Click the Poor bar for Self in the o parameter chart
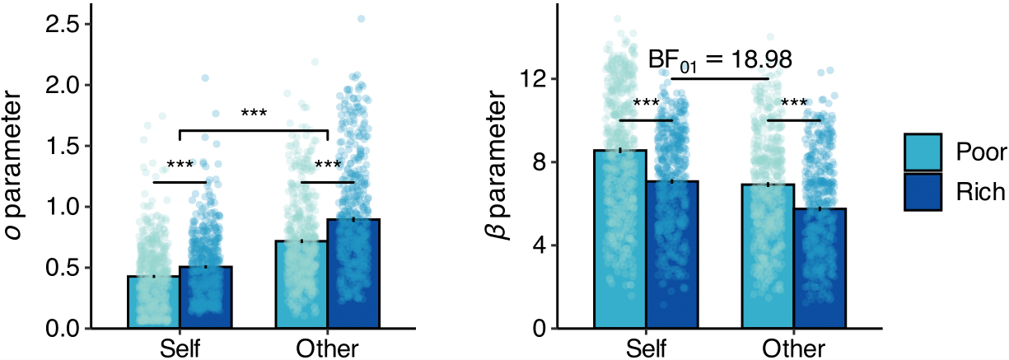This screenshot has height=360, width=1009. [x=153, y=302]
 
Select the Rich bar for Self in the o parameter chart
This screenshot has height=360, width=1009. [x=206, y=297]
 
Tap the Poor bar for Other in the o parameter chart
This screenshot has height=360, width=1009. [x=301, y=284]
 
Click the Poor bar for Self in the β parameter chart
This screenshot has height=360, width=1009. [x=620, y=239]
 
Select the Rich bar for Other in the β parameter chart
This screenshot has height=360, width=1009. [x=820, y=269]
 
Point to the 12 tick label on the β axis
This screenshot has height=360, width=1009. [x=535, y=79]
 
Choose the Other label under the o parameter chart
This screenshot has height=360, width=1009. [x=327, y=348]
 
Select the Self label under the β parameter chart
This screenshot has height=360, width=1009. [x=647, y=348]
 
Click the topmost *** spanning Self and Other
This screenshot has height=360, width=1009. [x=254, y=114]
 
